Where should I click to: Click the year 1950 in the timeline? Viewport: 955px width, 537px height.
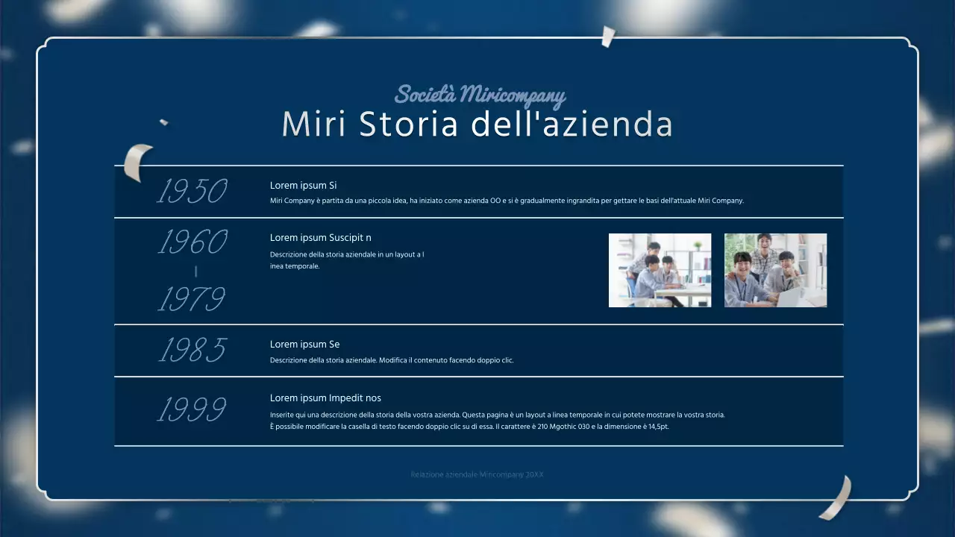(192, 192)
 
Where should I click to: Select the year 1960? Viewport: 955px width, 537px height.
(192, 242)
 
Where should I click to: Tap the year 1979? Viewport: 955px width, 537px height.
(191, 300)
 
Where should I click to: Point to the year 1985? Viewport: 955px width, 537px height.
(192, 350)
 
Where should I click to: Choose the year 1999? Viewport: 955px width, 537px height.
(192, 409)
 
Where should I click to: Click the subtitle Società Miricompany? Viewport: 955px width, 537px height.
(480, 95)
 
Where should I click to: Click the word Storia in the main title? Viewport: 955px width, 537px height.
(408, 125)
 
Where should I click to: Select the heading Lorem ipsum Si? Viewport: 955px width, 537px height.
(304, 186)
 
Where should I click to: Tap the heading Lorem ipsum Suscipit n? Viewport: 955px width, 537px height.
(321, 238)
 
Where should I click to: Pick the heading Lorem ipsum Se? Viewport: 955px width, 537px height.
(304, 345)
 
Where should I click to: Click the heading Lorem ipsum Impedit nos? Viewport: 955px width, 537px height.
(325, 398)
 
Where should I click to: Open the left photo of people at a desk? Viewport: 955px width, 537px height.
(660, 270)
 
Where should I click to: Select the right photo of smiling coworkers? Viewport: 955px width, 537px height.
(775, 270)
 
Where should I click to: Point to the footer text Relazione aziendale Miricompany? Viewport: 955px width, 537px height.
(477, 474)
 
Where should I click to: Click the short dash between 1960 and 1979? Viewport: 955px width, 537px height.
(195, 271)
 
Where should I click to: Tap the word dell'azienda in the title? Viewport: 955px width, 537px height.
(573, 125)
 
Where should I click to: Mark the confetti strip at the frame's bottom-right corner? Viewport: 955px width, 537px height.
(837, 497)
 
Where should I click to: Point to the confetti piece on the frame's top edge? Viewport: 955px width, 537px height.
(608, 36)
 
